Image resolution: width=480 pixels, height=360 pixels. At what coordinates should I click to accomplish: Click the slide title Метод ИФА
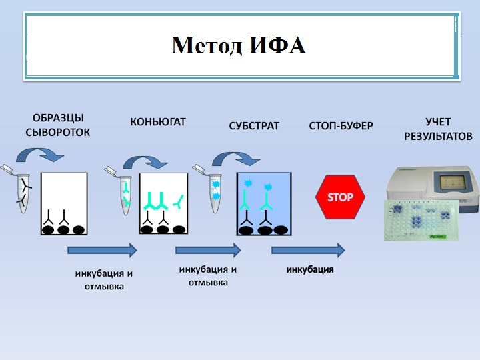tap(238, 46)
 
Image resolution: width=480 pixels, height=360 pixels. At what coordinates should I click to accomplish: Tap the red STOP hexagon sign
tap(340, 197)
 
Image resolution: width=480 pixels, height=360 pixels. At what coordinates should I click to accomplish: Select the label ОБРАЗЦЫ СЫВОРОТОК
tap(57, 125)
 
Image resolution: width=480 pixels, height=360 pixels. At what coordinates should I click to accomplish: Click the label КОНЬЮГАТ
tap(157, 122)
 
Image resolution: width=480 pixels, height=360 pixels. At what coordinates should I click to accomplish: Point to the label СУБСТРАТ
tap(254, 125)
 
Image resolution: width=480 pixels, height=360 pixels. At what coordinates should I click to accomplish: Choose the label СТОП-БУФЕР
tap(341, 125)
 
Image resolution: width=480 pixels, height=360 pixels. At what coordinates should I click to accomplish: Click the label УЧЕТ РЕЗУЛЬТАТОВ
tap(438, 129)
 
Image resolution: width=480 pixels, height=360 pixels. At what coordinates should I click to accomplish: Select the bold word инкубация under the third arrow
tap(310, 270)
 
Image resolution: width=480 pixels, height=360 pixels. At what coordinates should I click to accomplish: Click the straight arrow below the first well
tap(102, 250)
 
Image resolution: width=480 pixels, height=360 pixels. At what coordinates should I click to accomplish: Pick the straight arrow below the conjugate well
tap(208, 250)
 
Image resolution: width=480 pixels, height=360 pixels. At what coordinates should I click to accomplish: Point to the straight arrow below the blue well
tap(308, 250)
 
